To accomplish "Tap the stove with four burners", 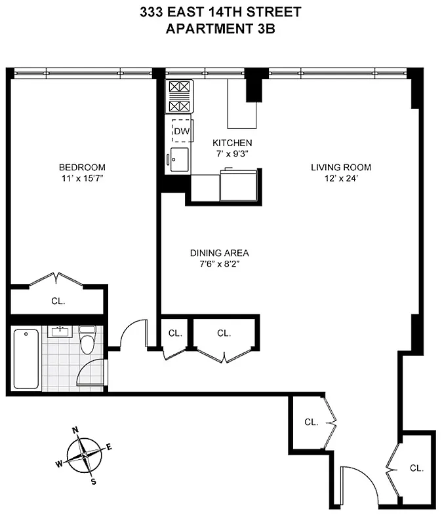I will point(179,98).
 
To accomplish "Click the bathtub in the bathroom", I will point(26,359).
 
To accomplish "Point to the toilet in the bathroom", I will point(87,339).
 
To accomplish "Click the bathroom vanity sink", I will point(60,331).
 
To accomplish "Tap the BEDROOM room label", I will point(81,167).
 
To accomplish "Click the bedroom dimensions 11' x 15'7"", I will point(81,178).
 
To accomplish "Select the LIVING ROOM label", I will point(341,167).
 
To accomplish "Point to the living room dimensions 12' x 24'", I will point(341,178).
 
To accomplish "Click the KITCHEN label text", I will point(232,143).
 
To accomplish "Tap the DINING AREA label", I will point(220,253).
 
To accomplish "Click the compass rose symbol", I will point(85,455).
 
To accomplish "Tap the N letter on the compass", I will point(75,430).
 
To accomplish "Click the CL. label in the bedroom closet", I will point(58,302).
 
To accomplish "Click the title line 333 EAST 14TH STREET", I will point(220,11).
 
